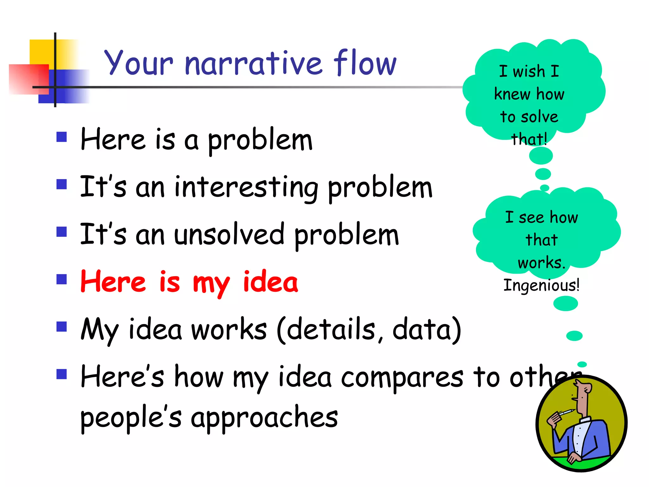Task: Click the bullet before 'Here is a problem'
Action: tap(61, 137)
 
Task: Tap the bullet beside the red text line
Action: tap(61, 279)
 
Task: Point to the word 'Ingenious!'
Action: tap(541, 285)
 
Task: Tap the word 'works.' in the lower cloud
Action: tap(542, 263)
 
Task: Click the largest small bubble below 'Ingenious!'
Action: tap(565, 303)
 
